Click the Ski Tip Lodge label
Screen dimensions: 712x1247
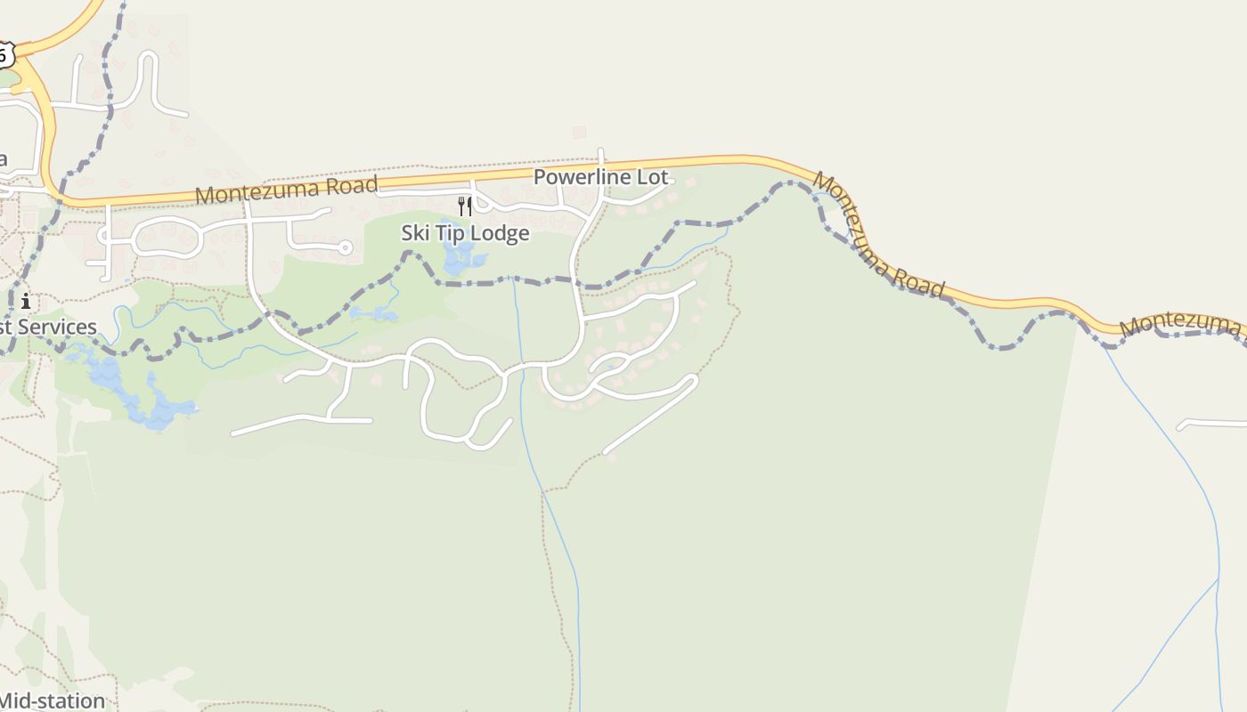click(465, 233)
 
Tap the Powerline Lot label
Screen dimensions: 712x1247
click(600, 177)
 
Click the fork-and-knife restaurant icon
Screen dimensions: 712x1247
click(464, 206)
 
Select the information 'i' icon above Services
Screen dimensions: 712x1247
click(26, 301)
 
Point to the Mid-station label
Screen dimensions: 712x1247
click(52, 700)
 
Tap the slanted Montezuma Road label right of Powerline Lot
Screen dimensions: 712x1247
click(877, 235)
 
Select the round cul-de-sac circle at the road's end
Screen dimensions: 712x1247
click(346, 248)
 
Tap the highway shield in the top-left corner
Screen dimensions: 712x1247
click(4, 54)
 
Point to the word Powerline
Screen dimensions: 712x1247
click(583, 177)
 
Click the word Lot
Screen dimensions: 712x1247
click(652, 177)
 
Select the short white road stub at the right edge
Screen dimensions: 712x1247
click(1211, 424)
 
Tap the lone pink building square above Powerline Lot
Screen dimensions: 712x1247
click(579, 133)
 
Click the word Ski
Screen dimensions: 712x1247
click(416, 233)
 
